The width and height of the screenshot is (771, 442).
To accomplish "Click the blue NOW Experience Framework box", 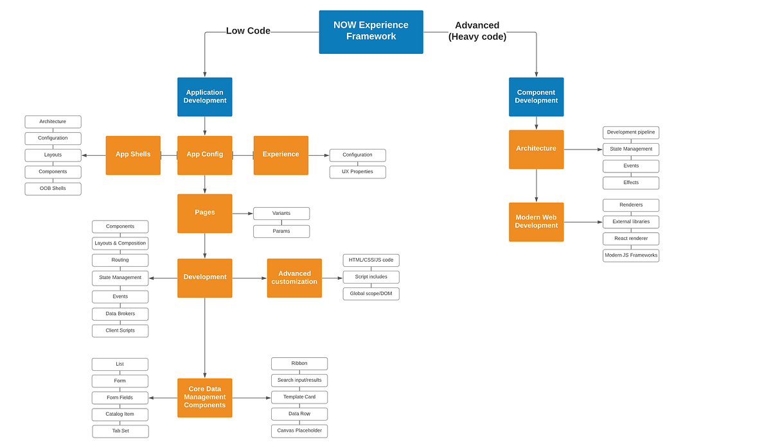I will [371, 31].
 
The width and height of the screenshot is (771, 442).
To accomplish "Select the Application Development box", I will [204, 97].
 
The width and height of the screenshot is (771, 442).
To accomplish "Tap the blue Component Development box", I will [536, 97].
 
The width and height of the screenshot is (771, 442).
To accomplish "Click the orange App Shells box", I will [133, 155].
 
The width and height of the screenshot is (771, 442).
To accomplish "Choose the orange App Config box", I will [204, 155].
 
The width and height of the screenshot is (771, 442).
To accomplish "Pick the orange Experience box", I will [281, 155].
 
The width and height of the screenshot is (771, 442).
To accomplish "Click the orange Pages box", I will [204, 213].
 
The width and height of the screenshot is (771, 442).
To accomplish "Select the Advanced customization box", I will [294, 278].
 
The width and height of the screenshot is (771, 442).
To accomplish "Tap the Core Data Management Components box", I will [204, 398].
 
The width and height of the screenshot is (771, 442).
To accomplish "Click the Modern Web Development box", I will [536, 222].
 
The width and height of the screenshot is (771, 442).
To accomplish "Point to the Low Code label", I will [248, 31].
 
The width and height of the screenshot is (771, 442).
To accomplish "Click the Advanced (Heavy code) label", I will [477, 31].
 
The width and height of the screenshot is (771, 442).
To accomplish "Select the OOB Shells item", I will [53, 189].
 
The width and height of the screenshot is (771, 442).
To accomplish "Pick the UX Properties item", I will [357, 172].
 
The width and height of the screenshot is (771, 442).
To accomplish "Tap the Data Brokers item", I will [120, 314].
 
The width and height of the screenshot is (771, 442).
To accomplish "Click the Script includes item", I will [371, 277].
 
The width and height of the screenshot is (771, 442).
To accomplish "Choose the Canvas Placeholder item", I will [299, 430].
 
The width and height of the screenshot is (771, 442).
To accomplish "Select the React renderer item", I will [630, 239].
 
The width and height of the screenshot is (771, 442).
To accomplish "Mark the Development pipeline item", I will [630, 132].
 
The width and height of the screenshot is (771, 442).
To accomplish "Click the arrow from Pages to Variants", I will [242, 213].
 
